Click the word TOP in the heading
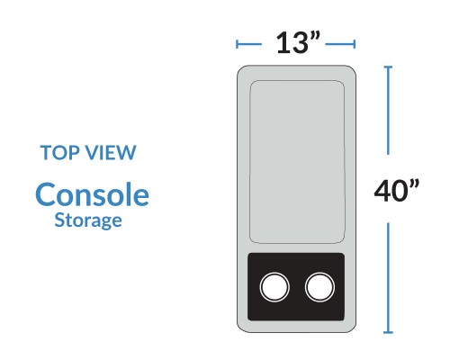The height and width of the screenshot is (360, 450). (60, 153)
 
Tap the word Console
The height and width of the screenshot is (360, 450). (92, 194)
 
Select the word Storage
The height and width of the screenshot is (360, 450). (88, 220)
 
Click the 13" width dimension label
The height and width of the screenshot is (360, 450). (297, 43)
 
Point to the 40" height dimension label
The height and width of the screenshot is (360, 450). (396, 191)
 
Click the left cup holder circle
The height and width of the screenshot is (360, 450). (274, 287)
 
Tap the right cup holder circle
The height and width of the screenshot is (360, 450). (319, 287)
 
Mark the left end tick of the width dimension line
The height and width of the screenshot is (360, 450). (237, 44)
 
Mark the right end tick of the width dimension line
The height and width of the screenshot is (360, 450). (355, 44)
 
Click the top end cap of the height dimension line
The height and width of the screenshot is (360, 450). (388, 67)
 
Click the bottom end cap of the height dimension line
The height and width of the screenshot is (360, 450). (388, 332)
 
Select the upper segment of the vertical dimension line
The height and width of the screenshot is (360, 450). (388, 111)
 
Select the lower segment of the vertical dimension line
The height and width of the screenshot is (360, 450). (388, 277)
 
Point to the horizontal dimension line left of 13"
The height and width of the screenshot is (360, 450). (249, 44)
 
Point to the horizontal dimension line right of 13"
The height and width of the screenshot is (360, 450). (340, 44)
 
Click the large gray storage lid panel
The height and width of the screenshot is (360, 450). (297, 162)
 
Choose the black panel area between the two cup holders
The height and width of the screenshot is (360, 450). (297, 287)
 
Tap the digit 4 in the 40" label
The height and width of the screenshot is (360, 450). (383, 191)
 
